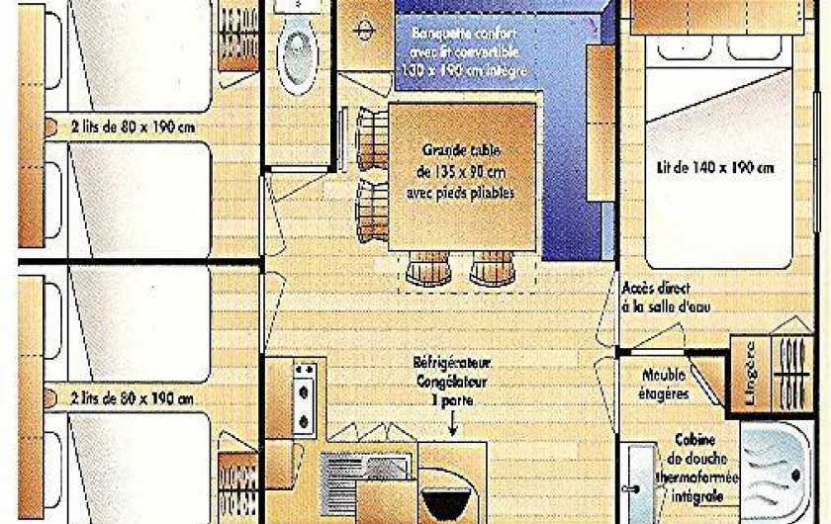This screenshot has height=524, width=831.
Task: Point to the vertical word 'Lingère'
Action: pos(750,374)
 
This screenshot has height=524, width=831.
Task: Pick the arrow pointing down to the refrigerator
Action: pos(452,425)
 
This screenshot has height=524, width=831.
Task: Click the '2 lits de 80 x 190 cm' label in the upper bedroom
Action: pos(133,127)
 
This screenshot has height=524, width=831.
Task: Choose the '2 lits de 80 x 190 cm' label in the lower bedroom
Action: pos(133,398)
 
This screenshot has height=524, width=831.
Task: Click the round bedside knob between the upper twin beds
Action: pos(49,127)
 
